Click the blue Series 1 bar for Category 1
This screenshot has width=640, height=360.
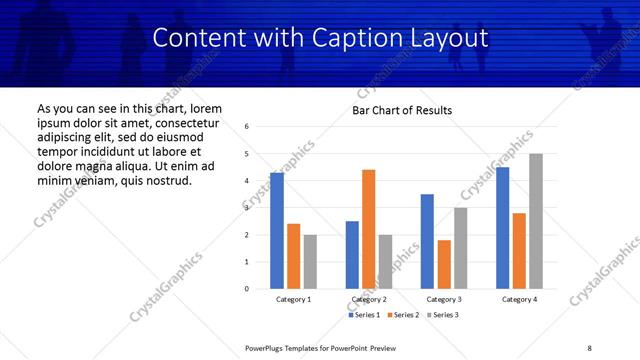coord(277,231)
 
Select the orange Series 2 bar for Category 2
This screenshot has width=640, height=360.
coord(368,229)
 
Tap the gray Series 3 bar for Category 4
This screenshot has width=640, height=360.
coord(536,221)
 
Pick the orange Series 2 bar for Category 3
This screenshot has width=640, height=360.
coord(444,264)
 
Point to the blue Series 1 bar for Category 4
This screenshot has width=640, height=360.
coord(502,228)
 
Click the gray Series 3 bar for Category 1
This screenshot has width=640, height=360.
coord(310,262)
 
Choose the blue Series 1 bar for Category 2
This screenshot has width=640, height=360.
coord(352,255)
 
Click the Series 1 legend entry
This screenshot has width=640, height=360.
coord(363,315)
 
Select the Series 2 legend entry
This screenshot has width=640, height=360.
coord(403,315)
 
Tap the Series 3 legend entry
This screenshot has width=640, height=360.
coord(443,315)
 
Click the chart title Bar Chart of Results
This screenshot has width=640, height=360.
coord(402,110)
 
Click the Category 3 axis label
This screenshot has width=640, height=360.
coord(444,299)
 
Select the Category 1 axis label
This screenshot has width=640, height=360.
coord(294,299)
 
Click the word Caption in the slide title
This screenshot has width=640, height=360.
coord(371,39)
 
